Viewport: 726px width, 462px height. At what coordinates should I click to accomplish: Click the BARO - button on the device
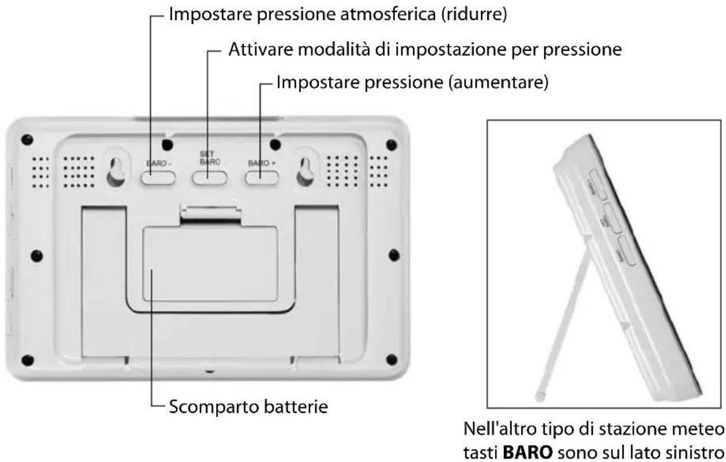click(159, 177)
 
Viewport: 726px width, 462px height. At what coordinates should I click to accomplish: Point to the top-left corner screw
click(27, 141)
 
